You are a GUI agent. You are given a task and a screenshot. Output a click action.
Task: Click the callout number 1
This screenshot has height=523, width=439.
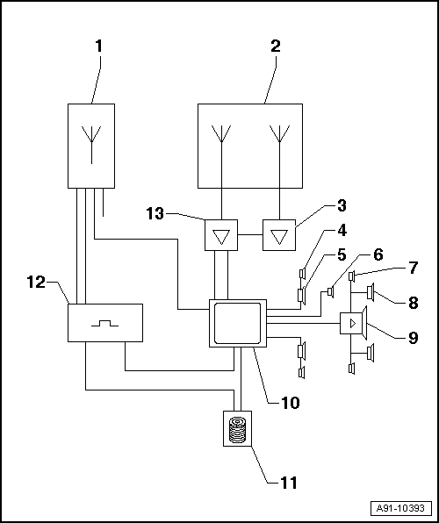tap(99, 47)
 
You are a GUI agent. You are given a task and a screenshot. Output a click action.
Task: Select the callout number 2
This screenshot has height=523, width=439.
tap(276, 47)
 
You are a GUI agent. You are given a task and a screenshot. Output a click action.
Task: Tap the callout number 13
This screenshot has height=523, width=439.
tap(155, 213)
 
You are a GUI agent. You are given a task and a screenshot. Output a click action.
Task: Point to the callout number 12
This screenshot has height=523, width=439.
tap(36, 283)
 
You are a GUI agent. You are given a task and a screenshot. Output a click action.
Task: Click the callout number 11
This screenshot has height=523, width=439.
tap(289, 483)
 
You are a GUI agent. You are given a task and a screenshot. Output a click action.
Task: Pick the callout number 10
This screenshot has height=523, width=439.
tap(290, 403)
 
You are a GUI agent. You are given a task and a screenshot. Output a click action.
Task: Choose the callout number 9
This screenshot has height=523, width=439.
tap(413, 338)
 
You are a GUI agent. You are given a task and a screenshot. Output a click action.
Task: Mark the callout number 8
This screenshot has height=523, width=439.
tap(413, 303)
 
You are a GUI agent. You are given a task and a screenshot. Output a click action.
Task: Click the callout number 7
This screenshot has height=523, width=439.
tap(413, 268)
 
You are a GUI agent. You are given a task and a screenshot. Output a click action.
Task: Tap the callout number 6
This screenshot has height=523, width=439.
tap(378, 254)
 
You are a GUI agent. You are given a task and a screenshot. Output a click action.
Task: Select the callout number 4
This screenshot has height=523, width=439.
tap(342, 231)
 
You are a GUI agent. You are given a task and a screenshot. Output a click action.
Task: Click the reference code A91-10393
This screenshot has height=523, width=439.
tap(400, 508)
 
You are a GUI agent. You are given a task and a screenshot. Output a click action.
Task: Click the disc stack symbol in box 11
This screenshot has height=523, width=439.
tap(237, 429)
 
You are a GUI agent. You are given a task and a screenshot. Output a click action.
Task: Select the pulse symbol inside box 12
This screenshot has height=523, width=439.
tap(104, 323)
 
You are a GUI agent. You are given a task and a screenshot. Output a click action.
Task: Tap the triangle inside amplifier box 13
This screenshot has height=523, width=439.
tap(221, 237)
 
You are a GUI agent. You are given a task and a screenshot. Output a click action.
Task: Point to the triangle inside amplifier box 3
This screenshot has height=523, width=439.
tap(279, 237)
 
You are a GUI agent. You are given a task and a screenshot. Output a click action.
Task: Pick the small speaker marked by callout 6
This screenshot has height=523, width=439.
tap(331, 292)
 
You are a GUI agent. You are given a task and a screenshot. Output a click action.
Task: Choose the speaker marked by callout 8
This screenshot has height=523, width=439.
tap(371, 292)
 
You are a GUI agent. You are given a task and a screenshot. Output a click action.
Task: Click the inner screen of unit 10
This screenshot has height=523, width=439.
tap(237, 323)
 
